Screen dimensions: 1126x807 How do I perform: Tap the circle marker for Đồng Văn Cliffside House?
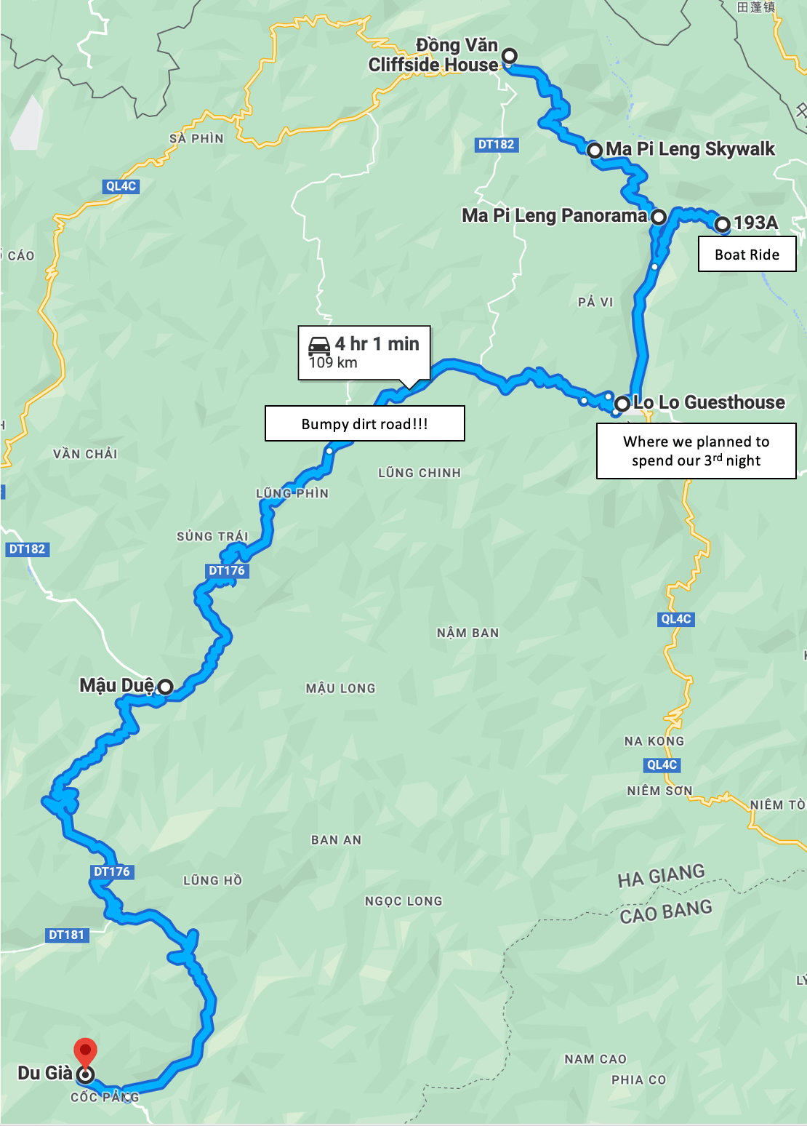click(510, 55)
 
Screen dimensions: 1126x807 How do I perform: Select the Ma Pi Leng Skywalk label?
click(690, 149)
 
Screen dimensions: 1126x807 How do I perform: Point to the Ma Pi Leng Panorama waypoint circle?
click(658, 217)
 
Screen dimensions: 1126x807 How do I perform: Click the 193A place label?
click(755, 223)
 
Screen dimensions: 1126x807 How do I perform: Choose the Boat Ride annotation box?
click(747, 255)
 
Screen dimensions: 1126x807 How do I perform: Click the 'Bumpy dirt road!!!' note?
click(364, 424)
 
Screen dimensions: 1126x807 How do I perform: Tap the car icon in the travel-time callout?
click(319, 345)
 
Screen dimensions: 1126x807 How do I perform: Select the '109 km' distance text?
click(333, 363)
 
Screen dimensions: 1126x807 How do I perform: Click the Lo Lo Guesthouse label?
click(709, 402)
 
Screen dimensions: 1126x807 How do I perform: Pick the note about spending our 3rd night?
click(696, 451)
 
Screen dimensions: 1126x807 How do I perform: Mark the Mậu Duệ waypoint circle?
click(165, 686)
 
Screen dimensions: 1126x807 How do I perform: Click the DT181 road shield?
click(66, 935)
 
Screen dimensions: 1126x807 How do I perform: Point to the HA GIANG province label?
click(661, 876)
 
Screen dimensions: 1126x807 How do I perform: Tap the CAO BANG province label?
click(666, 911)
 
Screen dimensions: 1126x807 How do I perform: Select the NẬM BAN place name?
click(467, 633)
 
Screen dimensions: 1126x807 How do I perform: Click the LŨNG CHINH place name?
click(419, 473)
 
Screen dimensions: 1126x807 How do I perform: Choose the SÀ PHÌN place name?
click(196, 138)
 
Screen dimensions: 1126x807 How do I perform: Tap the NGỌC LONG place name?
click(403, 901)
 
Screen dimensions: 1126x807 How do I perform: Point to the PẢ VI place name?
click(595, 302)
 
